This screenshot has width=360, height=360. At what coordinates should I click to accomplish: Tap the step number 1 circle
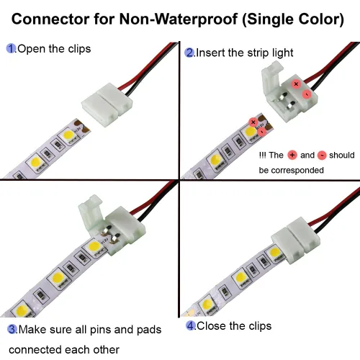[11, 49]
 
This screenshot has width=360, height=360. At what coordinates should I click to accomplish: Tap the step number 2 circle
[189, 53]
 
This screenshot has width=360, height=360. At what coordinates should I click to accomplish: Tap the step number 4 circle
[191, 325]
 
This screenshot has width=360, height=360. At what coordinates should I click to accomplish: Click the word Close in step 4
[210, 325]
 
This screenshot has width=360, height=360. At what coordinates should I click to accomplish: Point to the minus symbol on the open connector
[306, 94]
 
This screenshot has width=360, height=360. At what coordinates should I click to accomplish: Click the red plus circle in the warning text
[292, 155]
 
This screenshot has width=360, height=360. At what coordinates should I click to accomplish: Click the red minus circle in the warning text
[322, 155]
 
